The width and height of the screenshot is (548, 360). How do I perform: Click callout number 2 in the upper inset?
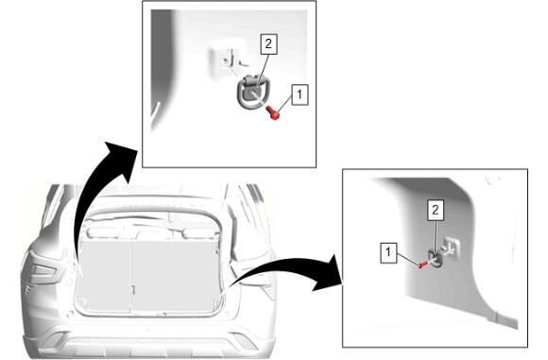point(268,44)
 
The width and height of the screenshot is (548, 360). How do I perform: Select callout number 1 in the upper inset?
point(300,94)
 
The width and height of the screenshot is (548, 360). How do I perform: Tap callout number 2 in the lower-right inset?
point(436,210)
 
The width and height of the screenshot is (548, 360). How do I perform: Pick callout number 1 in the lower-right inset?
point(388,252)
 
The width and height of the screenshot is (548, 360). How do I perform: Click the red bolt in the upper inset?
point(273,112)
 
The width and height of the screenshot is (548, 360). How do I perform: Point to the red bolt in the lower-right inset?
point(423,265)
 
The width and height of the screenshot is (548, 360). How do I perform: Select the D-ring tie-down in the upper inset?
point(249,92)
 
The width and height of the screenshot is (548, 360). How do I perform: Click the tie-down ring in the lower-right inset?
point(436,259)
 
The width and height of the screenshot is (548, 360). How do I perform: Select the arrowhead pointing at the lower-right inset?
point(329,273)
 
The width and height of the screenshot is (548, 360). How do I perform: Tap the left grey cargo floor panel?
point(104,274)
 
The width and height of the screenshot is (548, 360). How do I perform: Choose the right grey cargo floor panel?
point(176,273)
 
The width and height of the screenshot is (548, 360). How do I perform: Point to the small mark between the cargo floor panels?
point(133,290)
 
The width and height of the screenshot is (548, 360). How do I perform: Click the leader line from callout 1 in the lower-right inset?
point(408,260)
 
